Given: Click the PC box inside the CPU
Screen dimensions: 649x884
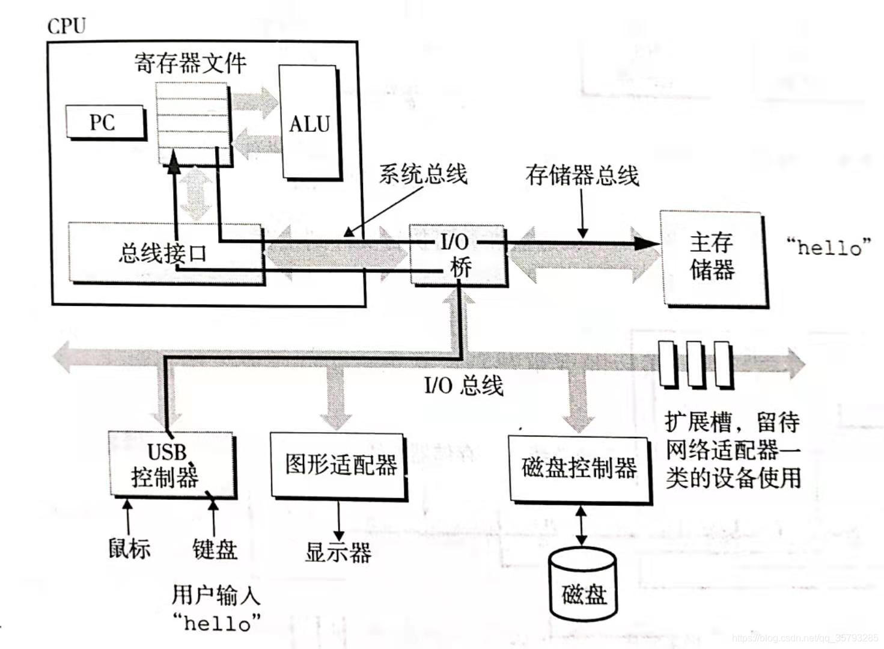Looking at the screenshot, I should (105, 123).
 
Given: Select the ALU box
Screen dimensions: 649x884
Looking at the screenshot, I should (309, 123).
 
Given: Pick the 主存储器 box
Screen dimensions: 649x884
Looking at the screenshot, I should (713, 257).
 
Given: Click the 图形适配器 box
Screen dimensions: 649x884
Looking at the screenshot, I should (339, 466).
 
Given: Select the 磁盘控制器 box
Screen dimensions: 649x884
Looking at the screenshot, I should (579, 468).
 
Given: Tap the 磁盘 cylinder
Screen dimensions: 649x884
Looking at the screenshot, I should (583, 586).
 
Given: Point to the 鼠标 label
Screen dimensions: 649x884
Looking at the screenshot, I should (129, 548).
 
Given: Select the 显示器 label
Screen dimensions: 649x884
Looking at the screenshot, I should (338, 552).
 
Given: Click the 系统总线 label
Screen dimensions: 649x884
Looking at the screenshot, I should (423, 174).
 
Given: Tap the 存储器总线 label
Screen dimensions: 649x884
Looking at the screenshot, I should (582, 175).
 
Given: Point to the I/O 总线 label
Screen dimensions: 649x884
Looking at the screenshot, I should (463, 385).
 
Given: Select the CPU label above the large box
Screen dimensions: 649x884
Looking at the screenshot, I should (67, 26).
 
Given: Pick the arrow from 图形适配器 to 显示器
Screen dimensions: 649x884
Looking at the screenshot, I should (338, 519).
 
